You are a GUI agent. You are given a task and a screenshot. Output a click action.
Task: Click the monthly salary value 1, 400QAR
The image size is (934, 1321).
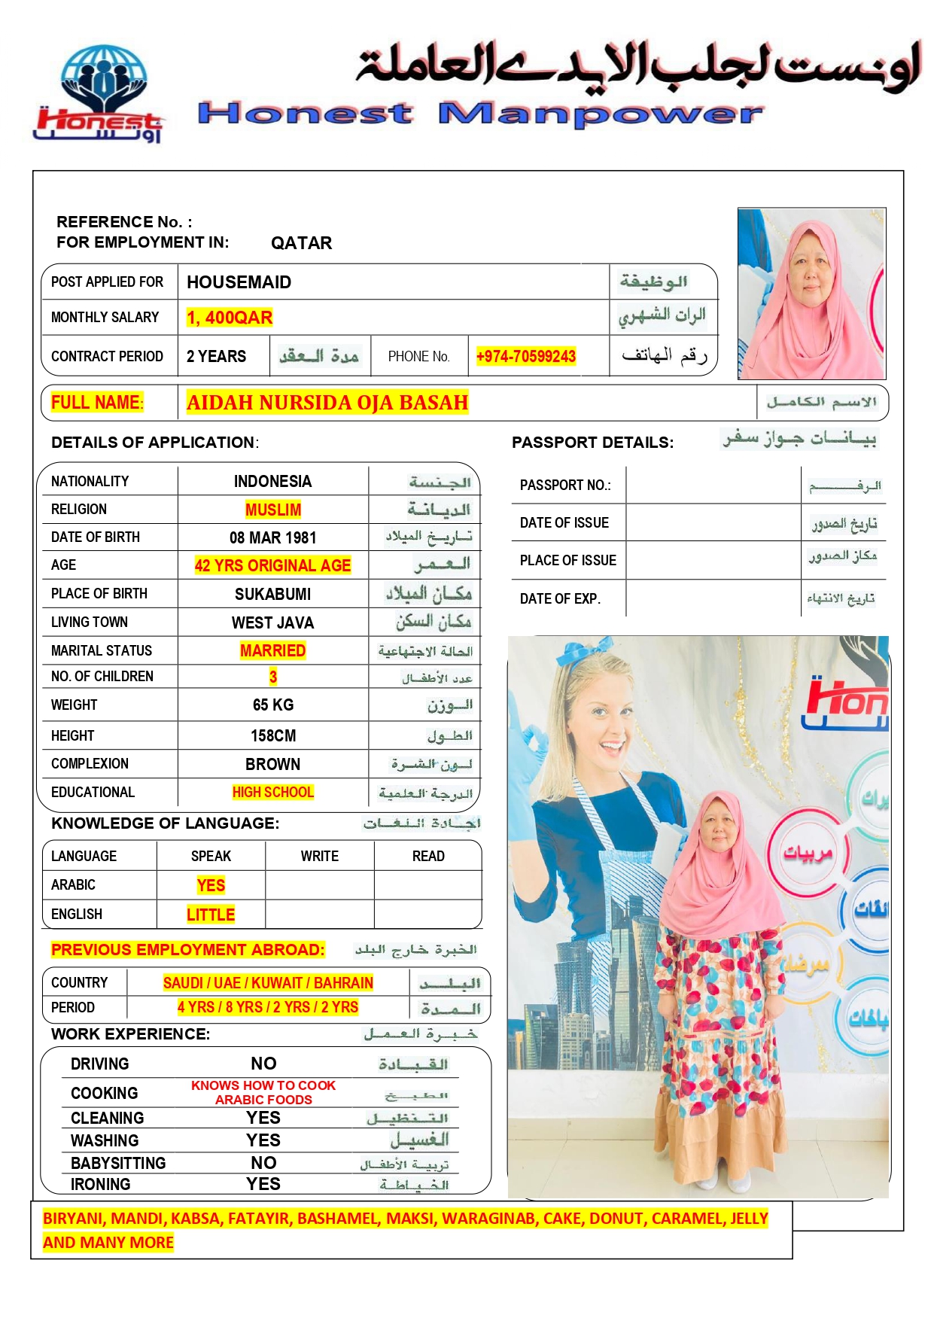pyautogui.click(x=230, y=318)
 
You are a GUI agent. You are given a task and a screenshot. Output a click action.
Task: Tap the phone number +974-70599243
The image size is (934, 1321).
pyautogui.click(x=525, y=356)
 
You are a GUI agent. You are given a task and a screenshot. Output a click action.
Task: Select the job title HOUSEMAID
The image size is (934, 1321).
pyautogui.click(x=239, y=282)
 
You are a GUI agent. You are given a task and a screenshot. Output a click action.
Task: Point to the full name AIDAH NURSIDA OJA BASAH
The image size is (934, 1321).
pyautogui.click(x=327, y=403)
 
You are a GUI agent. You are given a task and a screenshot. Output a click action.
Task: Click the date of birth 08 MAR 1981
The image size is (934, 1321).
pyautogui.click(x=272, y=537)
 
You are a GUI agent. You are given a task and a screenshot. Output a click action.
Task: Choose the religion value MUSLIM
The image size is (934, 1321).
pyautogui.click(x=272, y=510)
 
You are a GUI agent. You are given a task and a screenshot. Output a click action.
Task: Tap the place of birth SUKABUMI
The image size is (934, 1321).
pyautogui.click(x=272, y=594)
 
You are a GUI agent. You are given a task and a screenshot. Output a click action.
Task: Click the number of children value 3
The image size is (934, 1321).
pyautogui.click(x=272, y=677)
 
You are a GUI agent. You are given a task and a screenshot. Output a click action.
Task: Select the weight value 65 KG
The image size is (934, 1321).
pyautogui.click(x=272, y=705)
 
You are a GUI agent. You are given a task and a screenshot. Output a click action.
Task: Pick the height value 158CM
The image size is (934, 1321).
pyautogui.click(x=272, y=735)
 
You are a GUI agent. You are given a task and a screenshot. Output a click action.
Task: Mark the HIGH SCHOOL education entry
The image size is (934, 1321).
pyautogui.click(x=272, y=792)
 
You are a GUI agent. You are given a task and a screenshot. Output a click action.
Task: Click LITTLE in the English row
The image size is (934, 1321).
pyautogui.click(x=211, y=915)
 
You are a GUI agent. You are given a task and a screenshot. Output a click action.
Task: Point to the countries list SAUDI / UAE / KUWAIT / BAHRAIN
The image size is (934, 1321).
pyautogui.click(x=268, y=982)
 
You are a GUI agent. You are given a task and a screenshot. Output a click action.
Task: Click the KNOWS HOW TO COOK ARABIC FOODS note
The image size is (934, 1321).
pyautogui.click(x=263, y=1092)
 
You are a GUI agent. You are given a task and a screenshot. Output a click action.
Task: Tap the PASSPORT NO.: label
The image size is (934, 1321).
pyautogui.click(x=565, y=485)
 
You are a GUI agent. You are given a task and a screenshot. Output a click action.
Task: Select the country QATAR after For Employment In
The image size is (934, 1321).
pyautogui.click(x=301, y=243)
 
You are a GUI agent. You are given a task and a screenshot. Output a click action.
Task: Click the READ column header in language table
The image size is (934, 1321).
pyautogui.click(x=428, y=856)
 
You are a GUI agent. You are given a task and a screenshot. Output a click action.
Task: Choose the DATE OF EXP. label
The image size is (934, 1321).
pyautogui.click(x=560, y=599)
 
